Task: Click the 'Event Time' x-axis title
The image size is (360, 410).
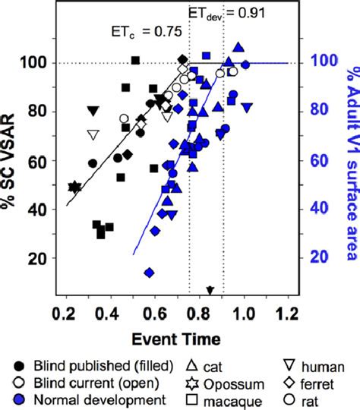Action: (179, 336)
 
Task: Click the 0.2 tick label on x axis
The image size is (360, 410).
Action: (64, 313)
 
